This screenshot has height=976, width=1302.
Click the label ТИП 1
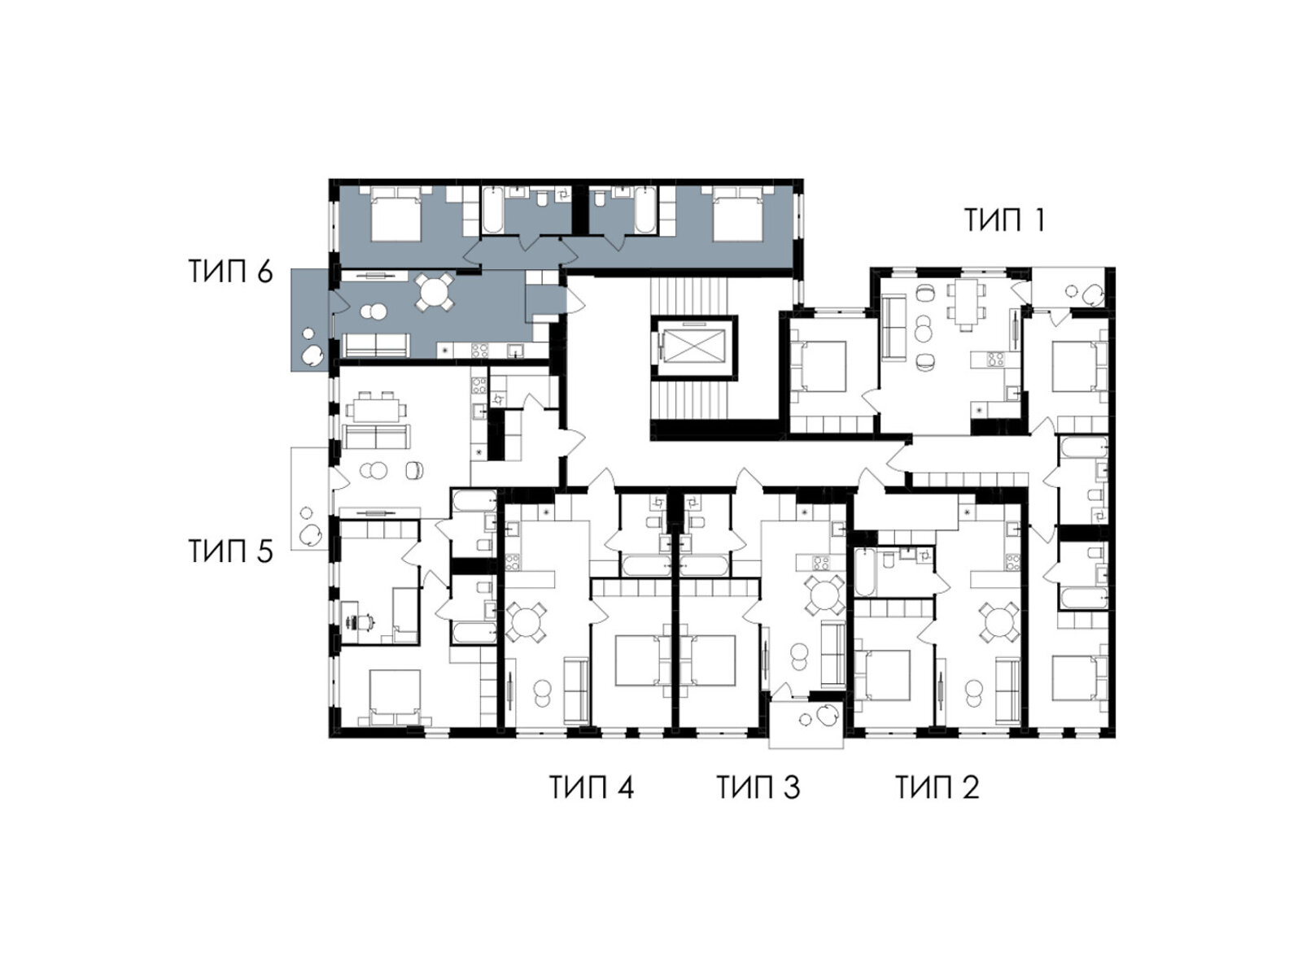click(x=1003, y=220)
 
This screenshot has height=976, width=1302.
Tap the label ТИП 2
click(x=937, y=787)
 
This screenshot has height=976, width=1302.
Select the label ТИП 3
click(x=758, y=787)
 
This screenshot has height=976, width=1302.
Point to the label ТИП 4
click(x=592, y=787)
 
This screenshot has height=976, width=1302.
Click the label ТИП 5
click(x=231, y=551)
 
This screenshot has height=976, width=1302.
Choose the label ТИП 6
click(x=231, y=272)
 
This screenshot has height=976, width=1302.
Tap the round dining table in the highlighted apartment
click(x=434, y=291)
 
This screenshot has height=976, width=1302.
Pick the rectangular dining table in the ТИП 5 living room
click(x=376, y=407)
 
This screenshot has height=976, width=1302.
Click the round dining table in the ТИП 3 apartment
click(x=824, y=595)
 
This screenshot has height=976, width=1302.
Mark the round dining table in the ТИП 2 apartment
click(x=999, y=621)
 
